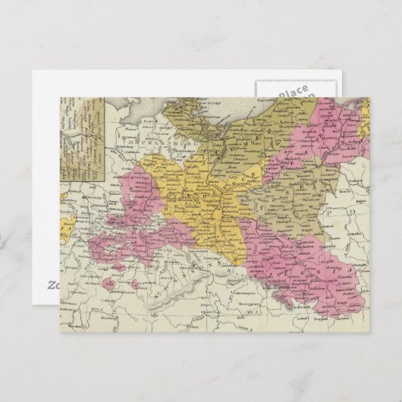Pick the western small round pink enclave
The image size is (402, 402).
pos(111,284)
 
